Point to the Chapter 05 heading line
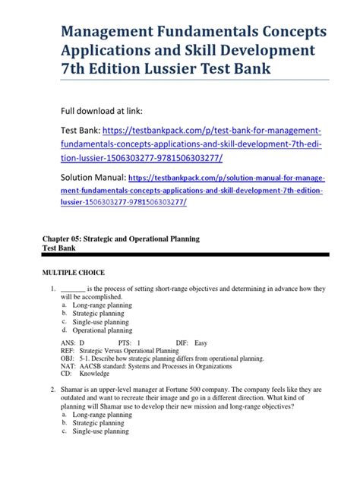[121, 238]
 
